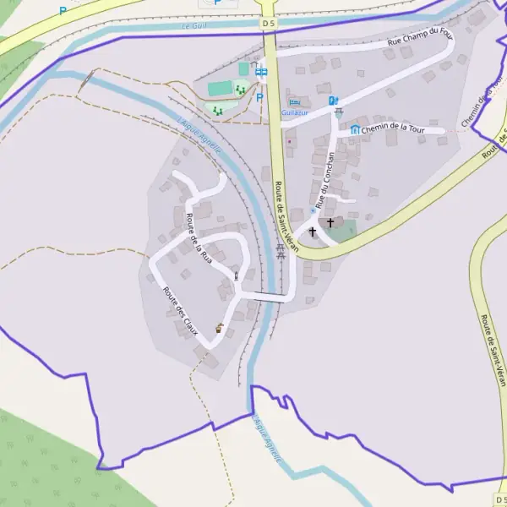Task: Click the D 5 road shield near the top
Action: [x=269, y=24]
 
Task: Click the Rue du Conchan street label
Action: [x=324, y=180]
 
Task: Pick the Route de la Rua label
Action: [x=197, y=237]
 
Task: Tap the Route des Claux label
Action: [x=180, y=311]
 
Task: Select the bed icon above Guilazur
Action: [x=294, y=102]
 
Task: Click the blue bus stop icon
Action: [x=262, y=73]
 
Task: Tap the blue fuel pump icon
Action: [x=333, y=101]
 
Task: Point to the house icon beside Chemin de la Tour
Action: [x=355, y=129]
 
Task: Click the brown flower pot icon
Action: [x=219, y=329]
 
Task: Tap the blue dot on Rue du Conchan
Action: [x=313, y=210]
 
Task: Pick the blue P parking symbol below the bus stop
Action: [x=259, y=97]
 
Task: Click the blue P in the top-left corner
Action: [x=63, y=11]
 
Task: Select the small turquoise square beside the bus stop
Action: [x=243, y=68]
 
